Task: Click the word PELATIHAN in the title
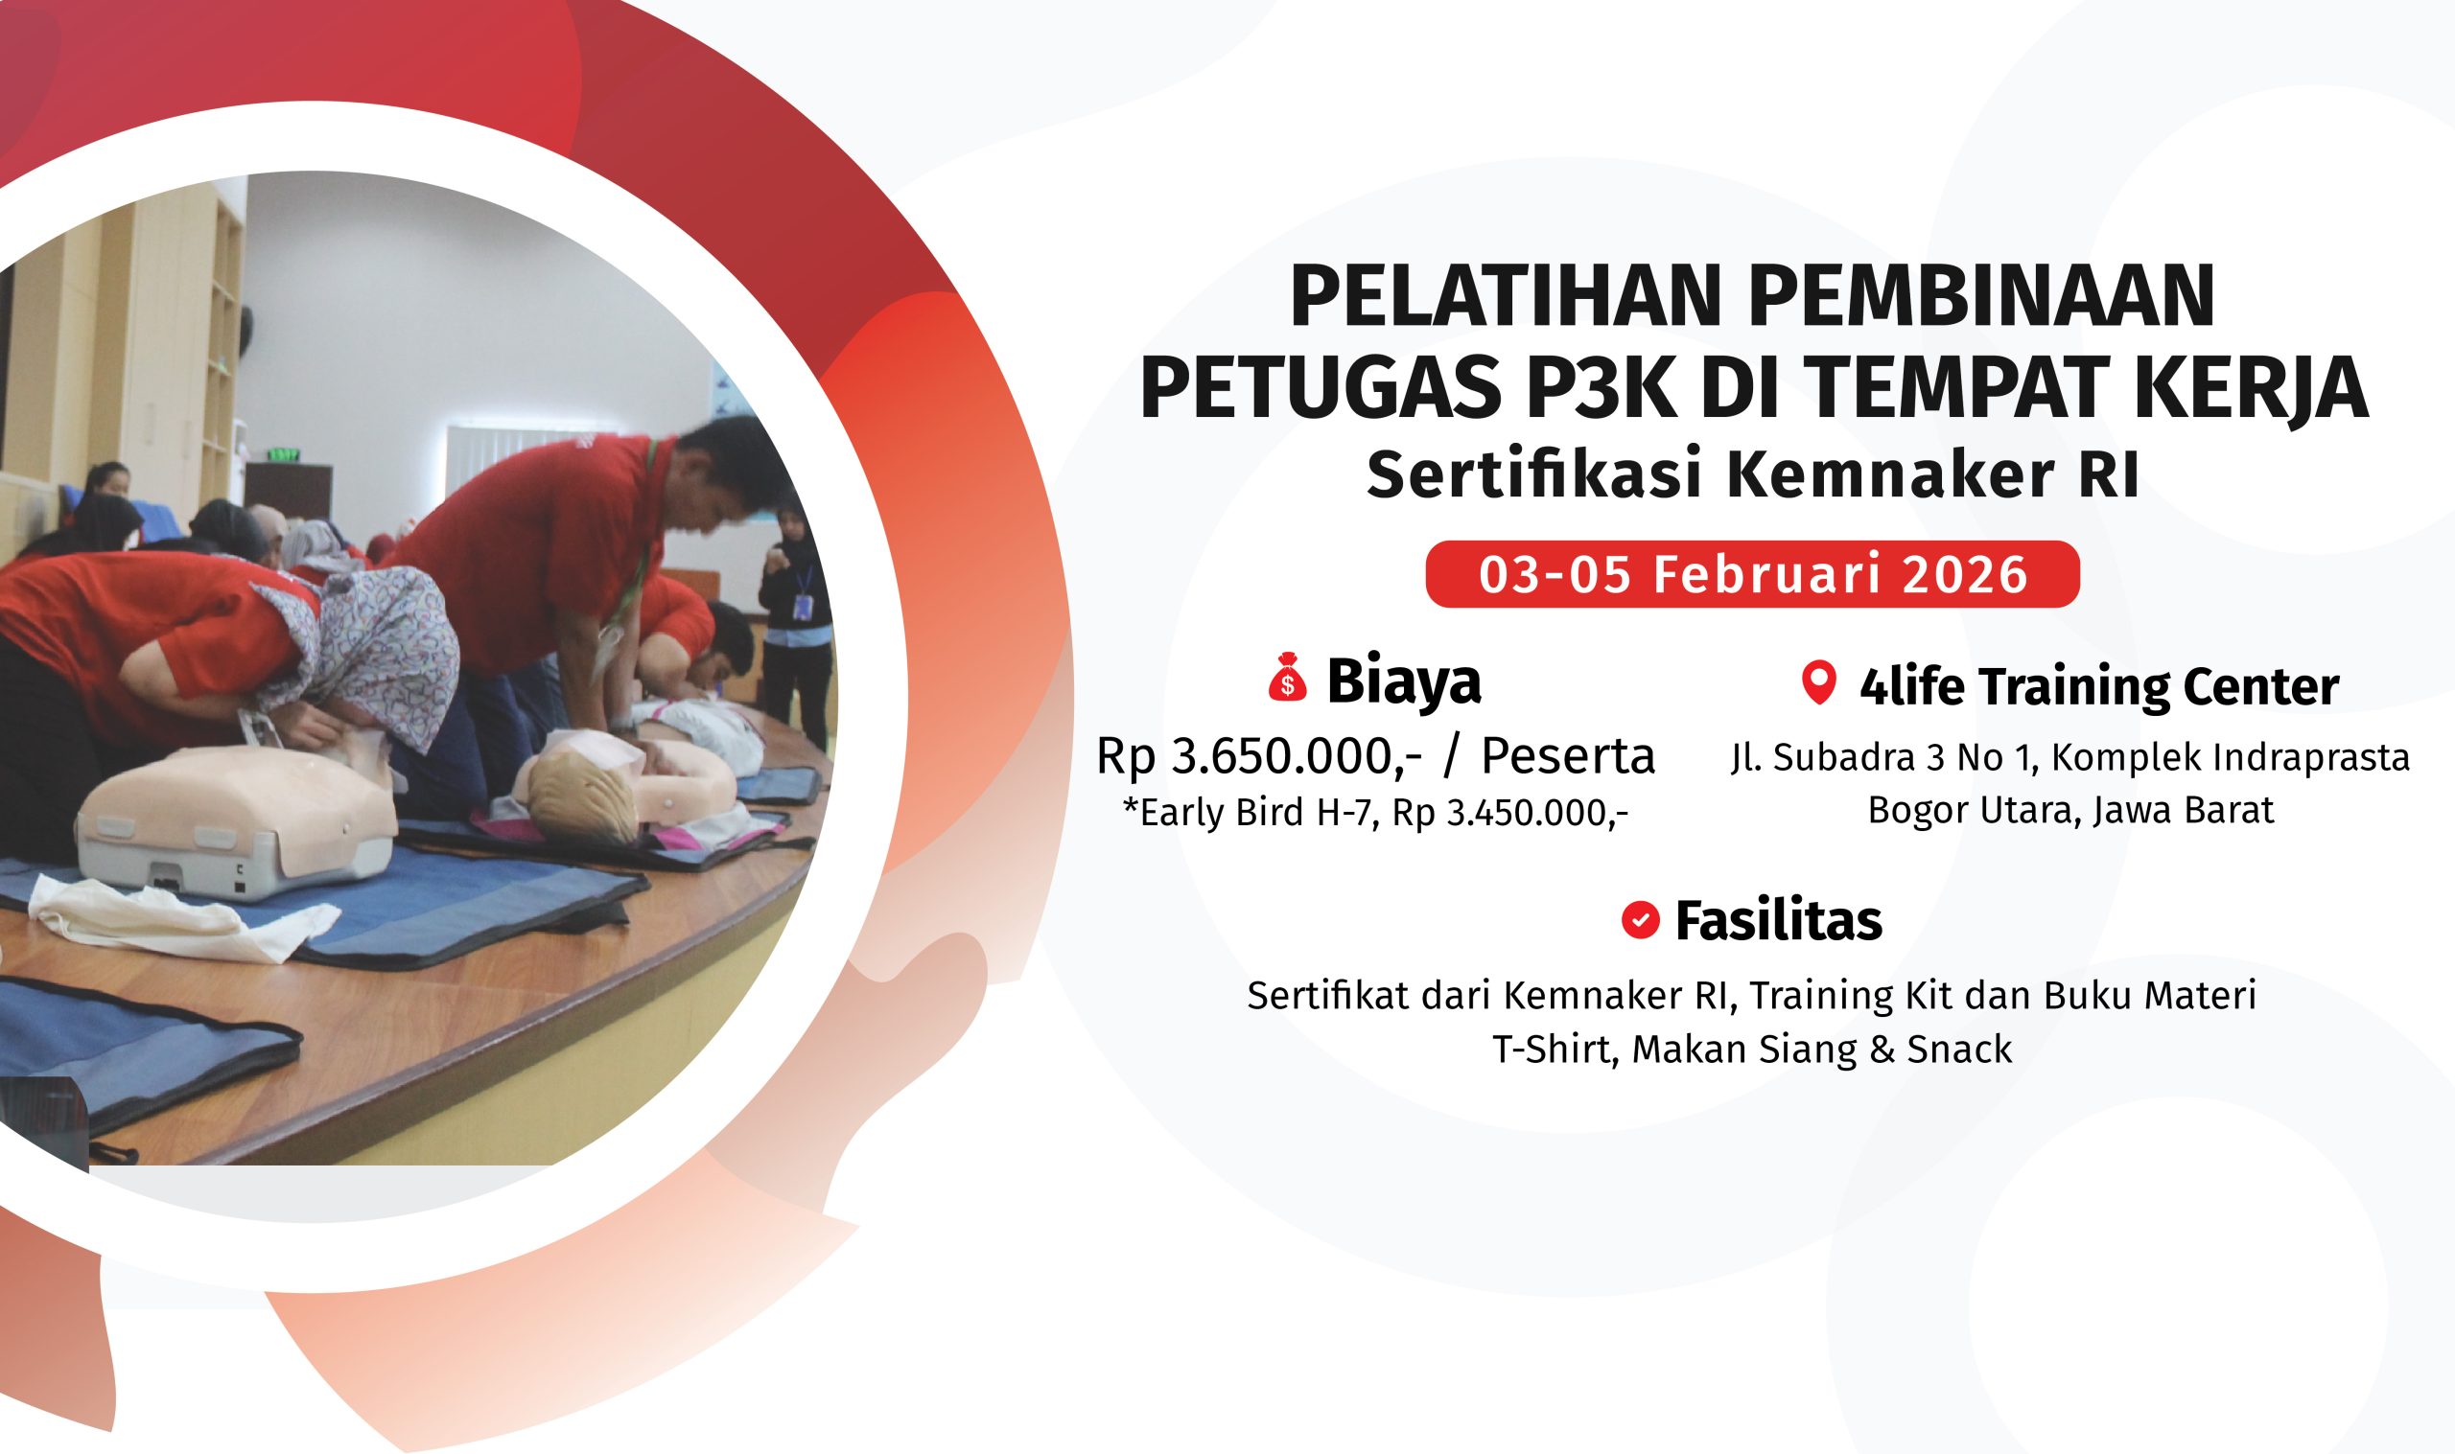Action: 1506,296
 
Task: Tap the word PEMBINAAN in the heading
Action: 1981,296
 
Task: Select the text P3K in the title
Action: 1599,388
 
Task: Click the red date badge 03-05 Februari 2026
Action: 1752,574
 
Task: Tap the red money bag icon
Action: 1287,678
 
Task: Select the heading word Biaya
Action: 1403,681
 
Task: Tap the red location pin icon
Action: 1818,682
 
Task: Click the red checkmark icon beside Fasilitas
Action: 1640,920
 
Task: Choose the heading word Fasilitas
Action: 1779,921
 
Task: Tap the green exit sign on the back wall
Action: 283,454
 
